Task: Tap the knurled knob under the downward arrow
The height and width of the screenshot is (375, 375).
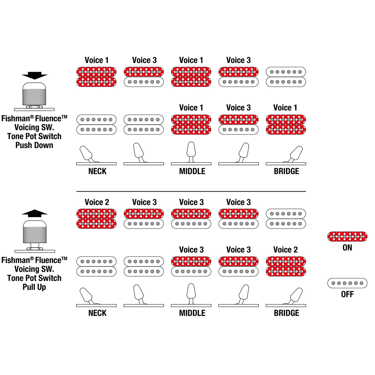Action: tap(35, 93)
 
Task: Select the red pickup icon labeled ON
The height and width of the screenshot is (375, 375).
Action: tap(347, 236)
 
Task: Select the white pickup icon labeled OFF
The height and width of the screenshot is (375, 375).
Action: tap(347, 283)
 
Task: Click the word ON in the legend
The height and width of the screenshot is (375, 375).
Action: tap(347, 248)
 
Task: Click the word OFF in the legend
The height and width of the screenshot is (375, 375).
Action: tap(347, 294)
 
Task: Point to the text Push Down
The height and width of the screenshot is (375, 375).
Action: tap(34, 145)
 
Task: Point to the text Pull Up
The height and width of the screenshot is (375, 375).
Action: tap(34, 287)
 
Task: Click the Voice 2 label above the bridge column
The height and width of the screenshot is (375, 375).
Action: tap(285, 250)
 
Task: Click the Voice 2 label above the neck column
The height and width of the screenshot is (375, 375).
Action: tap(97, 202)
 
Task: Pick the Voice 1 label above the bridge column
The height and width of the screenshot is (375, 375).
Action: tap(285, 108)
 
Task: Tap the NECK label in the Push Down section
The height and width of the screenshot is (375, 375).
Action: tap(97, 171)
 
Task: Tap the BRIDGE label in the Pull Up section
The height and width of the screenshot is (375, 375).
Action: tap(286, 313)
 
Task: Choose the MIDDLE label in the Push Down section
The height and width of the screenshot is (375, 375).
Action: tap(192, 171)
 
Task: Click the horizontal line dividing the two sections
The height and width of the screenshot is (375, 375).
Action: tap(191, 191)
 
